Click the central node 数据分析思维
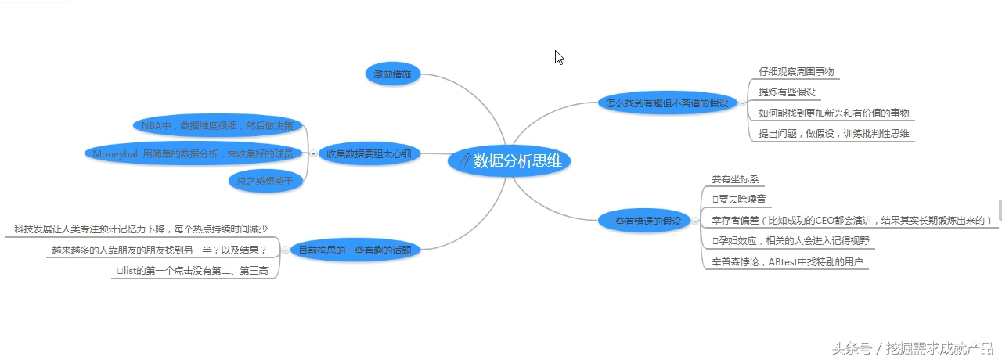point(510,161)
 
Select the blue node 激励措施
point(393,74)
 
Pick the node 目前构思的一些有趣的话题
point(355,250)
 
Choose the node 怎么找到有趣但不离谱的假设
point(667,103)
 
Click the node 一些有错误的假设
point(643,221)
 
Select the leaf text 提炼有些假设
point(788,92)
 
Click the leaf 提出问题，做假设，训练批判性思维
point(834,134)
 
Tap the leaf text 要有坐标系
point(735,179)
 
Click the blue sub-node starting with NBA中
point(217,125)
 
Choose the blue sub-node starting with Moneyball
point(193,154)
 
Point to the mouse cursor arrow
point(559,57)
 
